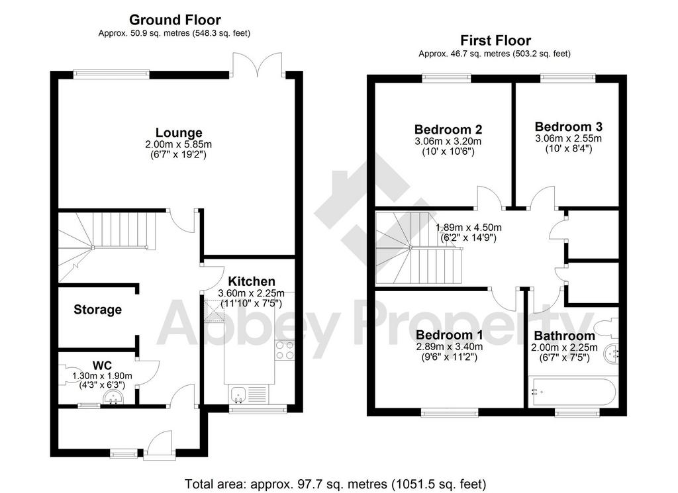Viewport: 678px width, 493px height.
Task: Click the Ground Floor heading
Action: [x=175, y=20]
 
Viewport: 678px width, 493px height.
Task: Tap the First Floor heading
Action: [x=495, y=40]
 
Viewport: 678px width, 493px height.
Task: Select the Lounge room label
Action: [x=179, y=132]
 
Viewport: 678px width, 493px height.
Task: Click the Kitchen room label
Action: [x=251, y=281]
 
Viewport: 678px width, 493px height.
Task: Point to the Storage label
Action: [x=98, y=310]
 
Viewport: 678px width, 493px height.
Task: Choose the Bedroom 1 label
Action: [x=450, y=335]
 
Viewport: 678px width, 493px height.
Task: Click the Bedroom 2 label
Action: [x=448, y=129]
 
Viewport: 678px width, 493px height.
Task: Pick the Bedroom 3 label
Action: [x=568, y=126]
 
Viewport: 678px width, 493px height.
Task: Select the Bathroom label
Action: [x=564, y=336]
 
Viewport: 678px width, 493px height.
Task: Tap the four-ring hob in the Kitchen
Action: [x=285, y=350]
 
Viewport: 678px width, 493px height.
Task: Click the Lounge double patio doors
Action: [x=258, y=66]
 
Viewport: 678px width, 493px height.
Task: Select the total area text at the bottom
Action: [x=336, y=484]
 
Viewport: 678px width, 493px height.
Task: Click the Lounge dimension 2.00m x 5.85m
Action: [x=179, y=144]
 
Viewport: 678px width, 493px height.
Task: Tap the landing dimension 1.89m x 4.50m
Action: [x=468, y=228]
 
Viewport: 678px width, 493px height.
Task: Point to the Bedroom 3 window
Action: [x=567, y=77]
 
